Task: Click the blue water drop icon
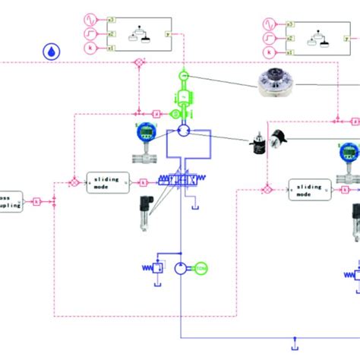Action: pyautogui.click(x=50, y=52)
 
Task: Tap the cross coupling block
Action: pyautogui.click(x=11, y=201)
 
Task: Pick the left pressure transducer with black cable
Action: pyautogui.click(x=142, y=215)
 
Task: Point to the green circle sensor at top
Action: pyautogui.click(x=183, y=77)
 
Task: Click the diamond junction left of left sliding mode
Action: pyautogui.click(x=74, y=182)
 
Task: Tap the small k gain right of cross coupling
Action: pyautogui.click(x=36, y=201)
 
